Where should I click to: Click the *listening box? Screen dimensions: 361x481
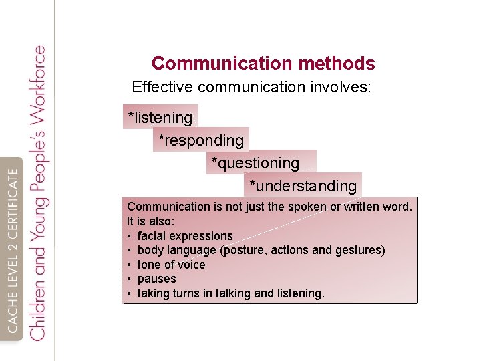point(160,118)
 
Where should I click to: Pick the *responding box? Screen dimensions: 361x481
point(201,140)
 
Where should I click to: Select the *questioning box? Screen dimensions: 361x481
point(256,163)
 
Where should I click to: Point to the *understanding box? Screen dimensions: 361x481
point(303,186)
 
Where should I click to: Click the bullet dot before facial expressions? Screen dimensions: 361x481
point(128,236)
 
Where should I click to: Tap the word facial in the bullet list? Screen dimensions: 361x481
point(151,236)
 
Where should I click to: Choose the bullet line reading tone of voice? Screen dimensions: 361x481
point(171,265)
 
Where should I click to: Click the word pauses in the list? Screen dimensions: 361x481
point(156,279)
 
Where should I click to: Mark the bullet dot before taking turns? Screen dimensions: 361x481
point(128,293)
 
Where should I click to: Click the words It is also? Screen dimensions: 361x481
point(151,221)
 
